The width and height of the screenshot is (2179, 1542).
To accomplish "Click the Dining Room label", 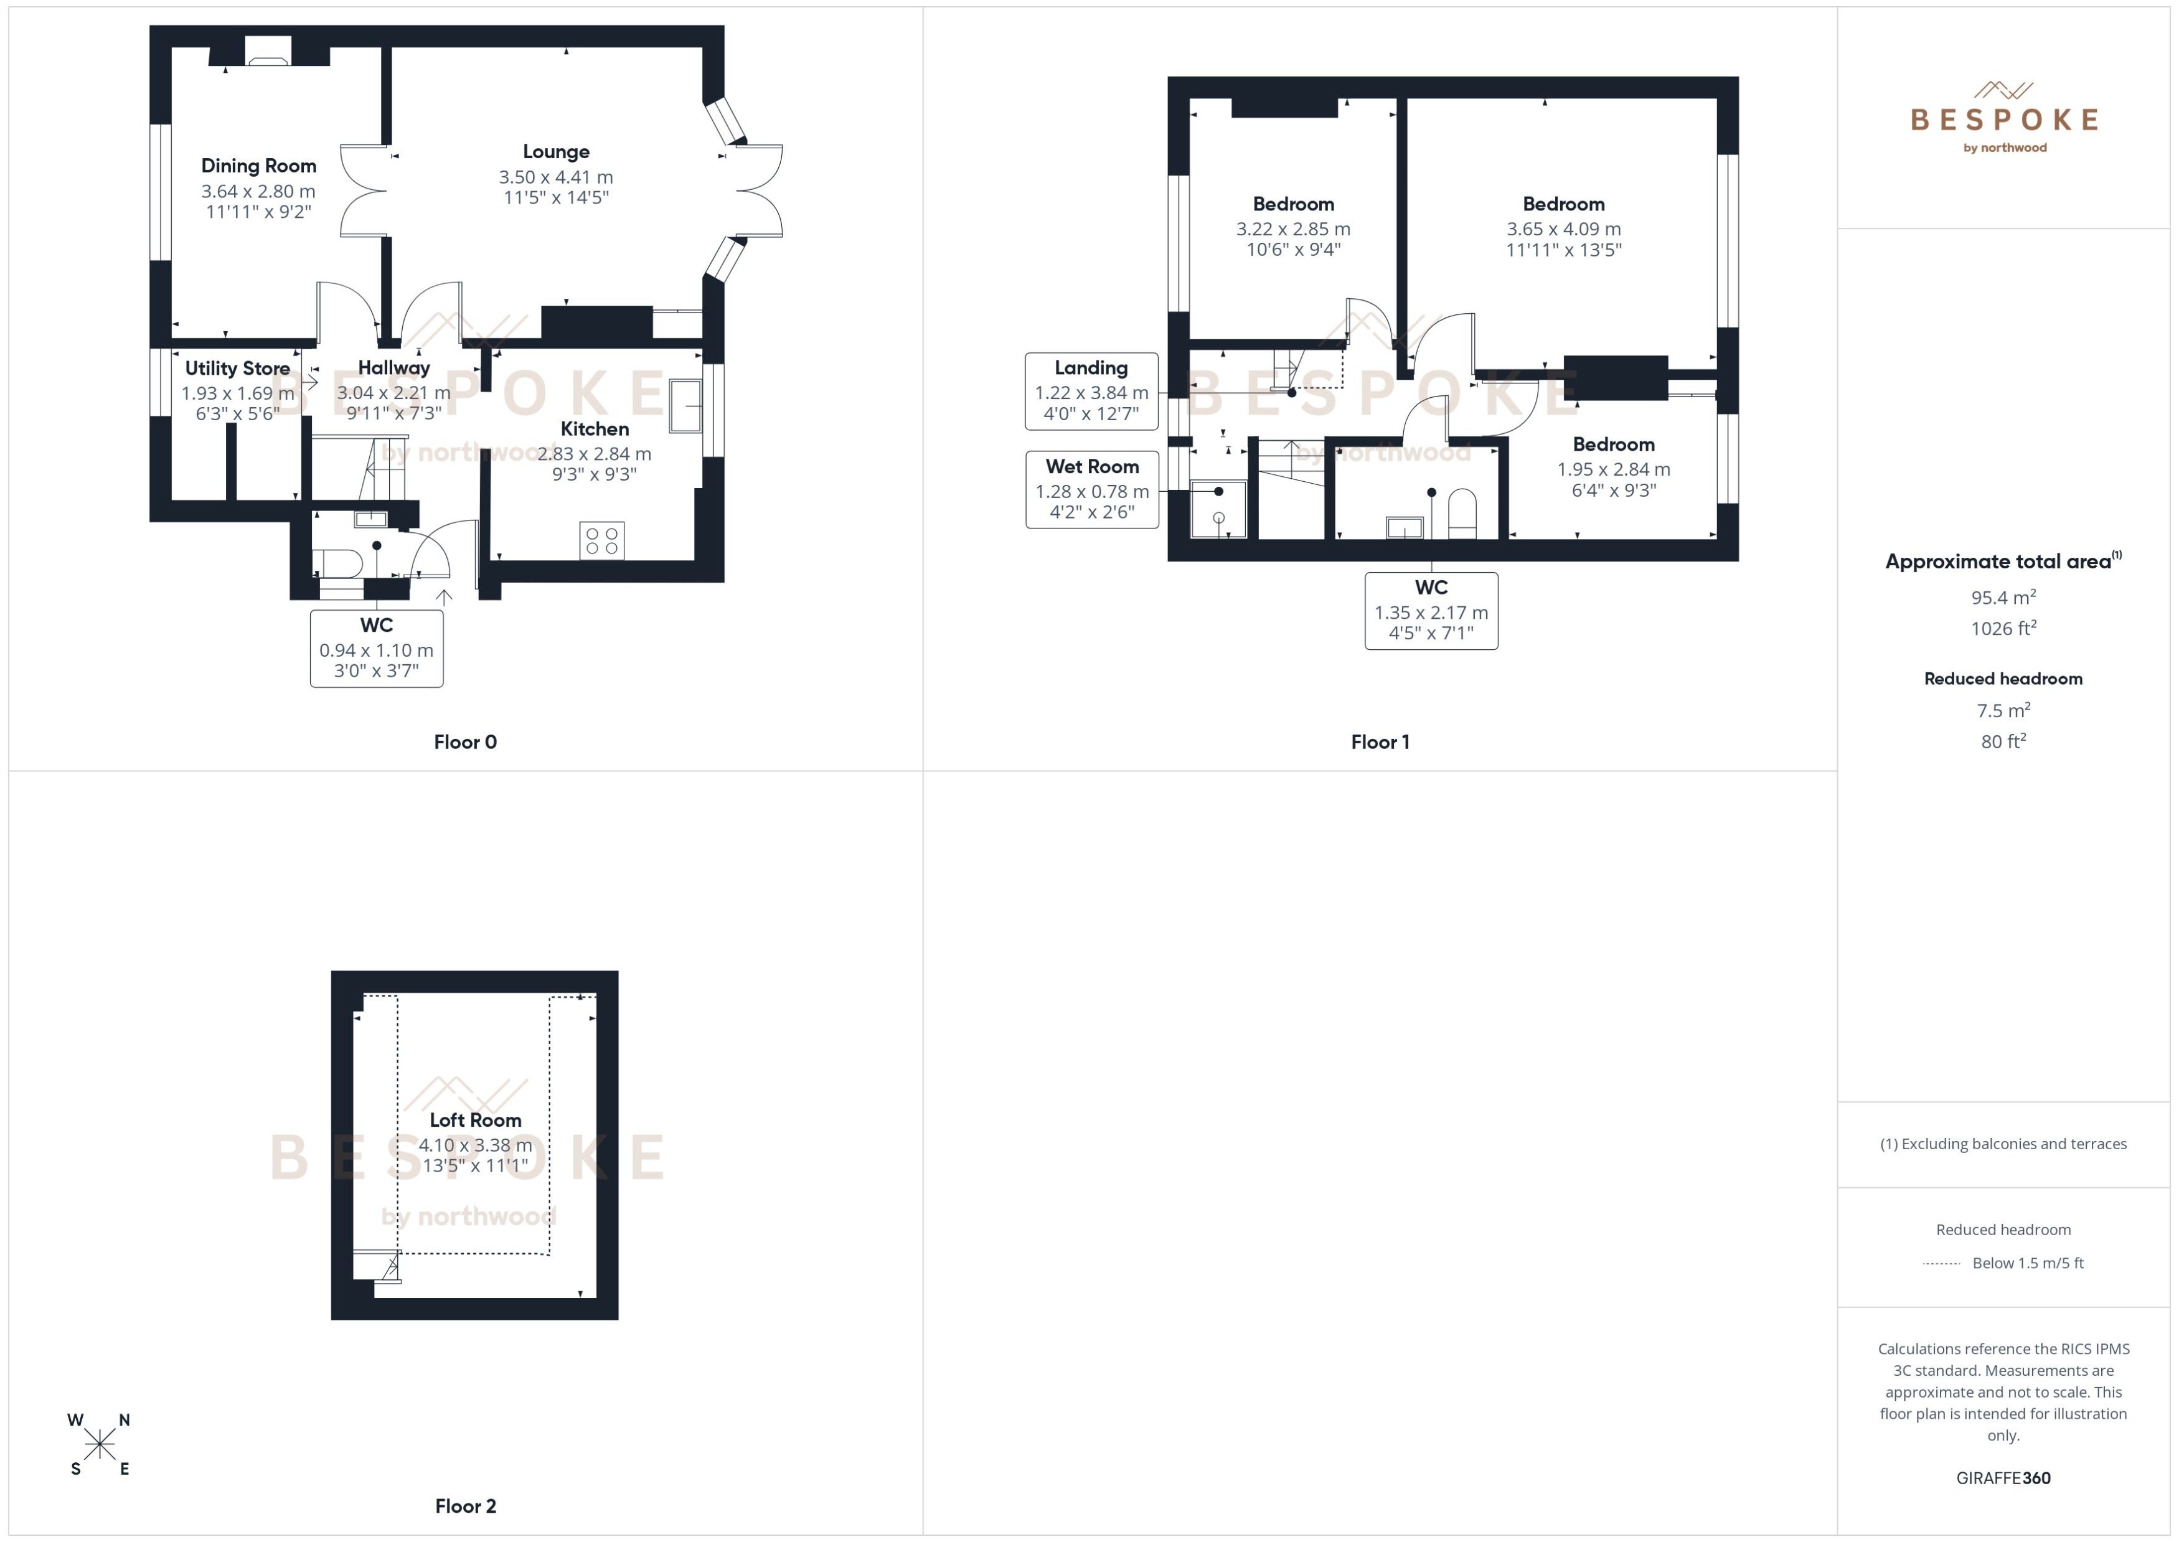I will (258, 165).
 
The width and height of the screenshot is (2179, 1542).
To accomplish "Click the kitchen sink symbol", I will (685, 405).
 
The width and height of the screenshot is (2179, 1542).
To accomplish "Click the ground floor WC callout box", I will (376, 649).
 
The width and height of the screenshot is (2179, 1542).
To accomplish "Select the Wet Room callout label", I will (1092, 467).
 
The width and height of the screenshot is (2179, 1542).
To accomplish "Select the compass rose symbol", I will (99, 1445).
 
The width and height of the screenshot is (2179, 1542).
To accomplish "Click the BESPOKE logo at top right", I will (2003, 119).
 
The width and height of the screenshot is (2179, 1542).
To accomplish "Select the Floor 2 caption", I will (465, 1506).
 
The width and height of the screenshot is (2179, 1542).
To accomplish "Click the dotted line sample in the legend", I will (1941, 1264).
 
